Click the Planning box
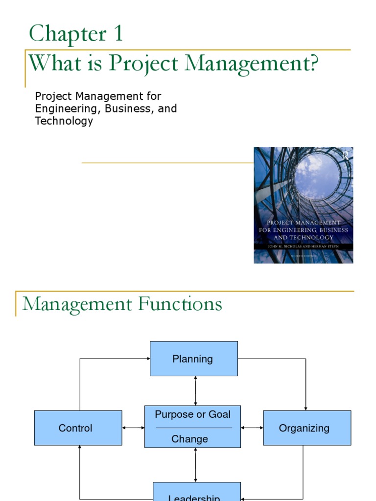tap(193, 359)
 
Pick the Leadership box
tap(196, 494)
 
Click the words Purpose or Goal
tap(192, 414)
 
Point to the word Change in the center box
tap(189, 439)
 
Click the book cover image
tap(303, 205)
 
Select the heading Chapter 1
tap(76, 34)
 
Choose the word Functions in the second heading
tap(180, 304)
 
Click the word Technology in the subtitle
tap(64, 121)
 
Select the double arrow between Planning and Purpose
tap(195, 390)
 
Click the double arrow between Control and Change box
tap(133, 428)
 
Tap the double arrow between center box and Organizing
tap(252, 428)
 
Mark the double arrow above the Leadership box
tap(195, 465)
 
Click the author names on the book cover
tap(304, 247)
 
